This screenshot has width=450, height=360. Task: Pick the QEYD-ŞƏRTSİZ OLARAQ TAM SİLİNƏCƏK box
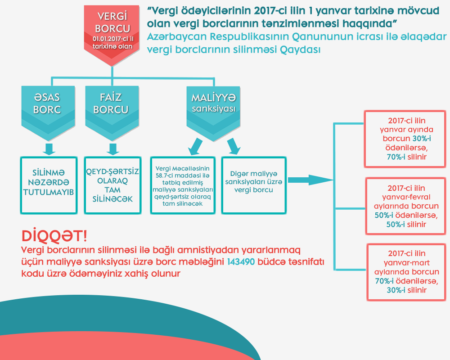[x=113, y=184]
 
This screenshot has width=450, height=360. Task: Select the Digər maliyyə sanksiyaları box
[x=254, y=184]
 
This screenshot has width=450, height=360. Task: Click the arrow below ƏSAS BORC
[x=48, y=148]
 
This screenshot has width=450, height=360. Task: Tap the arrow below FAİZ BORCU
[x=113, y=148]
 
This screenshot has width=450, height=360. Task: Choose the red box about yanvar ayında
[x=406, y=139]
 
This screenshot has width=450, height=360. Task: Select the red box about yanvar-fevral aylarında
[x=406, y=206]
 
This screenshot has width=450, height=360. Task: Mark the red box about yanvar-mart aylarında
[x=406, y=272]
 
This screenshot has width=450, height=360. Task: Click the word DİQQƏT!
[x=54, y=236]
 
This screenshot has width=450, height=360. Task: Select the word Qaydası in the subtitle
[x=301, y=49]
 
